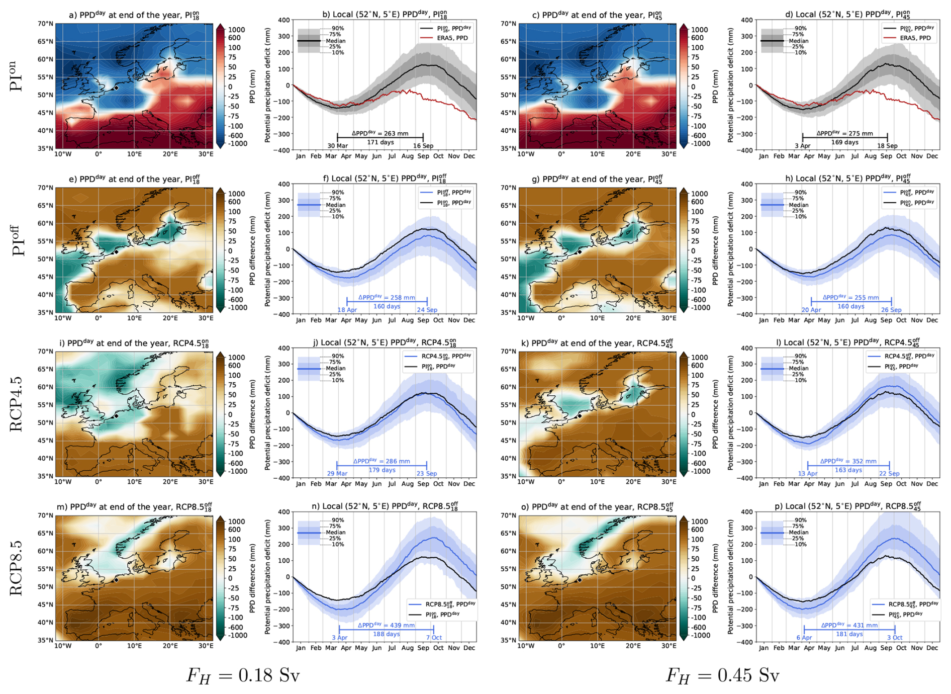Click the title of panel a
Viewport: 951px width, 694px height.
[x=134, y=15]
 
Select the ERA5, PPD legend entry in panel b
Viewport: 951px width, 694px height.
[x=447, y=38]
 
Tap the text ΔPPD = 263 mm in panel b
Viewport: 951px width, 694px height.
[x=380, y=133]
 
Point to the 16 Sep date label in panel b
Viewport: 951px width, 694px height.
[x=423, y=146]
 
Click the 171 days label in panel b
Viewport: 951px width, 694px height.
[x=381, y=142]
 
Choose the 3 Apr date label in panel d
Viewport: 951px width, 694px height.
[x=803, y=146]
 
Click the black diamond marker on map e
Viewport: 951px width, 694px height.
[x=116, y=252]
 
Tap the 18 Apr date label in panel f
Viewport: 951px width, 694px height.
[x=347, y=310]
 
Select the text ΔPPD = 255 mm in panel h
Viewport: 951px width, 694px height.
[x=850, y=297]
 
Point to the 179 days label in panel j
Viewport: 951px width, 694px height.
[x=382, y=470]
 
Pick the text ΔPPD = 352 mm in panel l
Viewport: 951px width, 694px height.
[x=848, y=461]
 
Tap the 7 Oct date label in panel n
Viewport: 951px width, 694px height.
[x=434, y=637]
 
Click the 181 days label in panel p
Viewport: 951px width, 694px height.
[x=849, y=634]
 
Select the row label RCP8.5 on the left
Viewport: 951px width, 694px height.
[x=17, y=568]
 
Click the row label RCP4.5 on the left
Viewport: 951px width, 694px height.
[x=17, y=404]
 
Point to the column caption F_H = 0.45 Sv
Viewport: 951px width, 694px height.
[x=722, y=675]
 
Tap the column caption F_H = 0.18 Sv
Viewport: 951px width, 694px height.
[x=243, y=675]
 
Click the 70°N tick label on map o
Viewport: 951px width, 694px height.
[x=508, y=515]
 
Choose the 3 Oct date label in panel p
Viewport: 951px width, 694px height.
[x=895, y=637]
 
